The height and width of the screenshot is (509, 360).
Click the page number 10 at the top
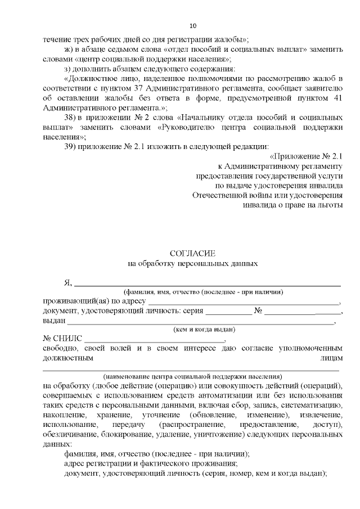(x=193, y=26)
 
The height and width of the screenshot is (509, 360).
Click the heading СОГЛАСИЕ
(x=192, y=254)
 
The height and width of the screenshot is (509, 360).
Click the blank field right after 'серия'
(x=228, y=313)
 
